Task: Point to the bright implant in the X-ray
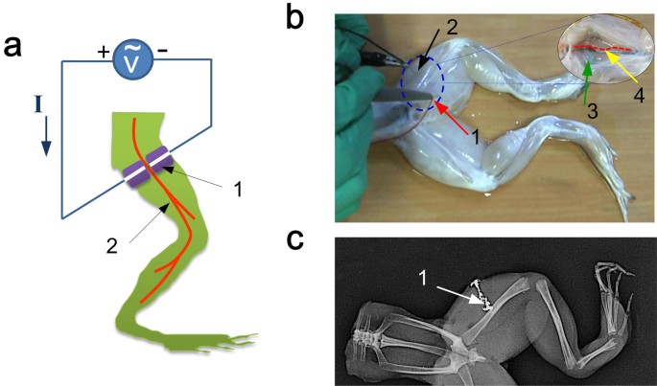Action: coord(485,295)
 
